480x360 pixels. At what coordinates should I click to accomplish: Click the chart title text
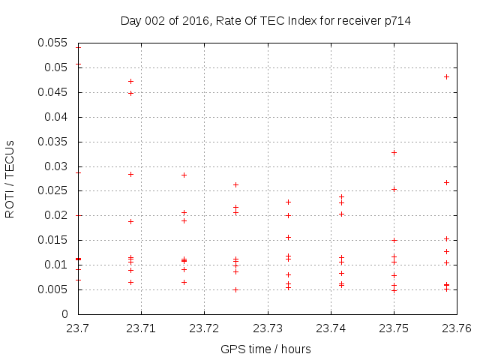(265, 21)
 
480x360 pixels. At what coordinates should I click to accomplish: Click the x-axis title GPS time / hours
(265, 349)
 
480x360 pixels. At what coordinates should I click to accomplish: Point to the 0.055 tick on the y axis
(53, 43)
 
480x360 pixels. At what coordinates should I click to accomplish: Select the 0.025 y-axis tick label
(53, 190)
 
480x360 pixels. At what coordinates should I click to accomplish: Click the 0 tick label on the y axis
(65, 314)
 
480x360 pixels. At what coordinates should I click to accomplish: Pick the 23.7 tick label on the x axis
(79, 328)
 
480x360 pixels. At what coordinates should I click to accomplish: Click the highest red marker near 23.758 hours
(446, 76)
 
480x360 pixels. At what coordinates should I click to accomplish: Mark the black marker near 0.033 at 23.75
(394, 152)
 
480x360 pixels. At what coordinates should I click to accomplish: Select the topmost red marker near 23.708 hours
(130, 81)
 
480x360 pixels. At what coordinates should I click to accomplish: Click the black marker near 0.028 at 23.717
(184, 175)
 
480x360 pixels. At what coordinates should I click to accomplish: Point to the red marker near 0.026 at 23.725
(235, 184)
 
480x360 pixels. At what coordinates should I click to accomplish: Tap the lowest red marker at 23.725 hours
(235, 289)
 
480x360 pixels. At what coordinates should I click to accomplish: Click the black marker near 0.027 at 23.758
(446, 182)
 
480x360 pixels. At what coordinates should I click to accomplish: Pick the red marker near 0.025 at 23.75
(394, 189)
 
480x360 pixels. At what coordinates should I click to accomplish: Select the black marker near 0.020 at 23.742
(341, 214)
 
